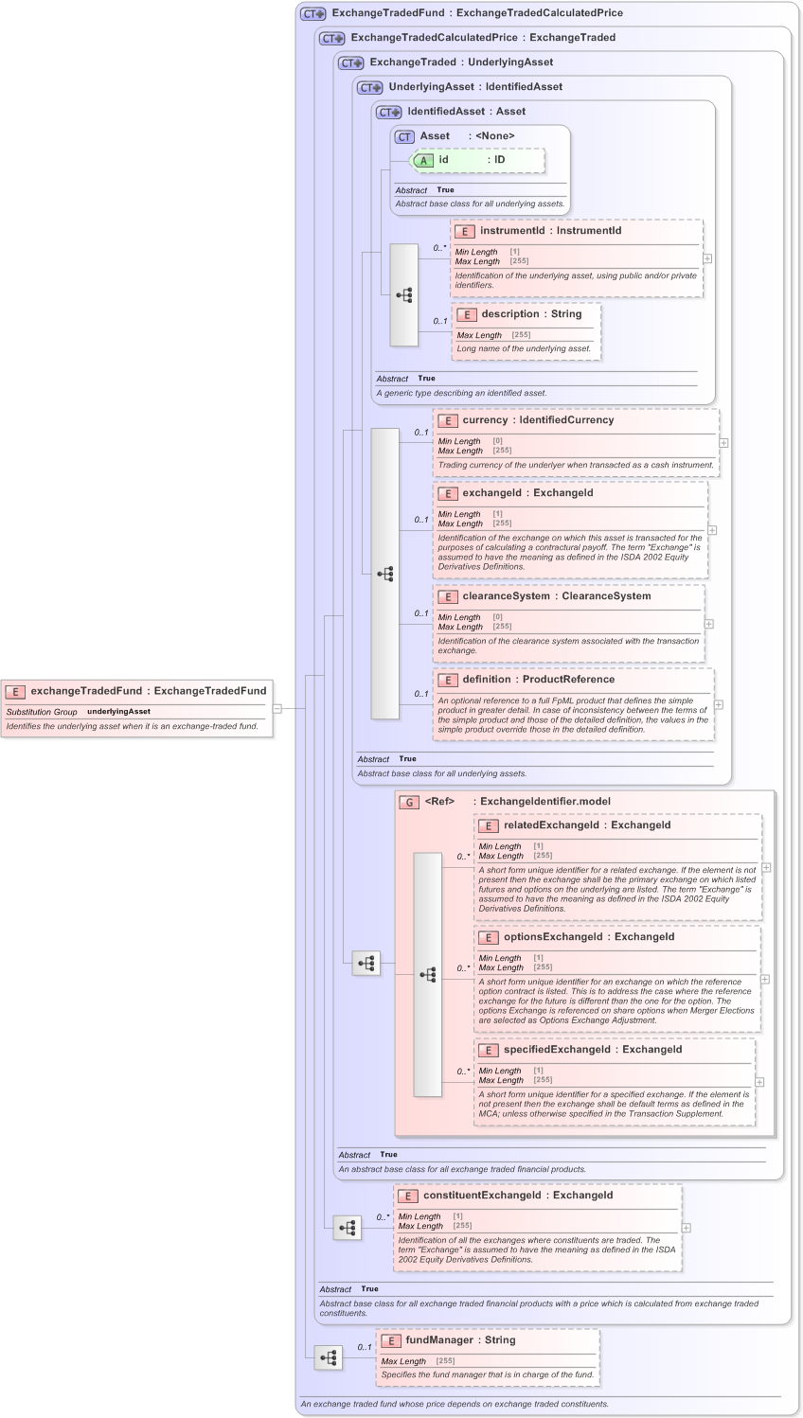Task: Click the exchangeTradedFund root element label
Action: [x=148, y=691]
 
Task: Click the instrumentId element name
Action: [x=511, y=231]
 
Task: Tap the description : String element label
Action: [x=531, y=314]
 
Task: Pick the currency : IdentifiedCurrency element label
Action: [x=537, y=420]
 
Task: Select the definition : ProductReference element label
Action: [x=538, y=680]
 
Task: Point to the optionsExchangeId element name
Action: [x=553, y=937]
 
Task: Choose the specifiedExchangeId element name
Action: [x=557, y=1050]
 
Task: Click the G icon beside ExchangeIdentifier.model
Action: [x=409, y=802]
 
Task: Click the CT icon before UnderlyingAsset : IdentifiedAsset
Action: [x=369, y=87]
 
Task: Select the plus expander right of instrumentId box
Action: [x=707, y=258]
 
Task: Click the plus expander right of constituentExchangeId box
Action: [x=687, y=1228]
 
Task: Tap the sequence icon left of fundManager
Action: [x=329, y=1357]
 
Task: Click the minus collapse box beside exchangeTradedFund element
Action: [x=277, y=708]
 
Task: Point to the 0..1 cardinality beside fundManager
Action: [x=365, y=1347]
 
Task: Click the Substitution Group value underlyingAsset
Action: [x=118, y=712]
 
